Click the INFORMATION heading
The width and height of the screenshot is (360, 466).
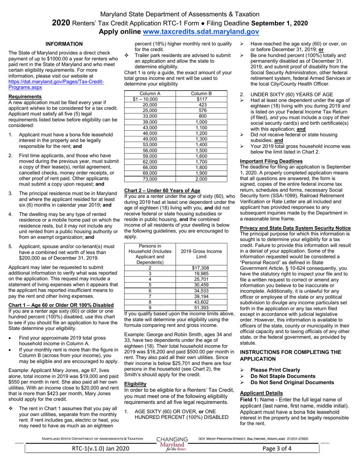[64, 44]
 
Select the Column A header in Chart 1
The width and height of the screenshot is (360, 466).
[150, 94]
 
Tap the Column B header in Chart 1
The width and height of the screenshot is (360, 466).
[201, 94]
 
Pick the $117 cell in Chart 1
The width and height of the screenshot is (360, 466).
[201, 99]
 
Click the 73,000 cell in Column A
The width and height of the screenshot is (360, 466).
[150, 179]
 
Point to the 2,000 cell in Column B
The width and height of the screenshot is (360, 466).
[201, 179]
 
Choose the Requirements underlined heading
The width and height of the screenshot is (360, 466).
[25, 97]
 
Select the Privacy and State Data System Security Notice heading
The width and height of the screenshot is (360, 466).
[296, 228]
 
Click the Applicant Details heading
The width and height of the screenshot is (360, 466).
[261, 393]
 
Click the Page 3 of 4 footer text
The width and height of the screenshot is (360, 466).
[277, 449]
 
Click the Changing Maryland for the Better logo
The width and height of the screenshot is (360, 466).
[172, 444]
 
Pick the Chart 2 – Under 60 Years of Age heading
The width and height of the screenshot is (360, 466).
[162, 190]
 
